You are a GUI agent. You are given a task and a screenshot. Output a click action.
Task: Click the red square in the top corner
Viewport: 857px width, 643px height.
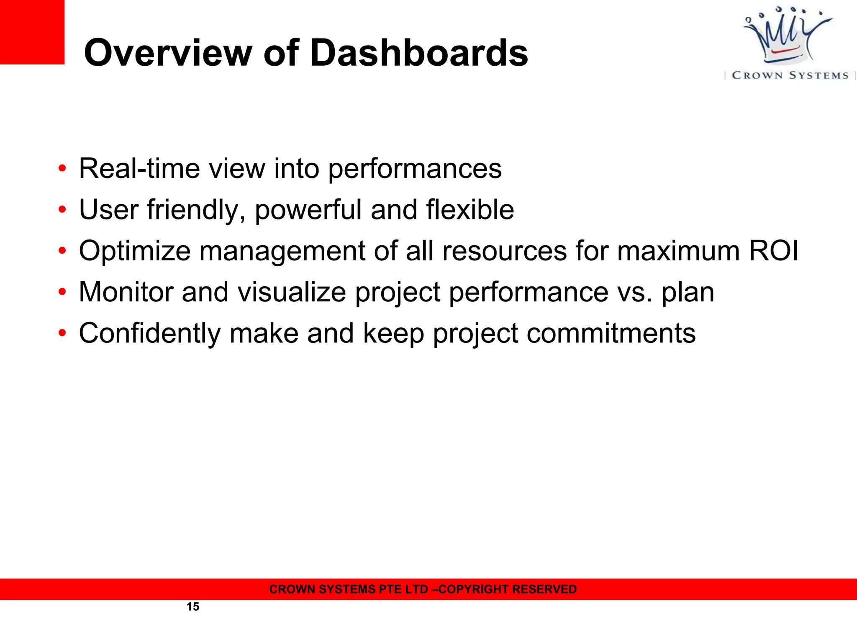(32, 32)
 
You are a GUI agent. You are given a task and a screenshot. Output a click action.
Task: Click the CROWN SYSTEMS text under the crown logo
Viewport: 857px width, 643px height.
(790, 75)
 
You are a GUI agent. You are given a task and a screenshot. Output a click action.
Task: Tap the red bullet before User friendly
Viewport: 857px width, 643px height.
(62, 209)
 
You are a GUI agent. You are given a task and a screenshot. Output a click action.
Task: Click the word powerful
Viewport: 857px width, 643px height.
(308, 210)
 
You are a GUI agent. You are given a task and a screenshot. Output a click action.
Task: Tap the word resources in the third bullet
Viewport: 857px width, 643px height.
(504, 251)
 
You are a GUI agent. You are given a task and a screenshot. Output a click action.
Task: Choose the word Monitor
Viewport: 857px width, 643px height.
(126, 292)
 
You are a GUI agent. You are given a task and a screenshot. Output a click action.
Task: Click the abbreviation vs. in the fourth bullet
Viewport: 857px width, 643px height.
(635, 292)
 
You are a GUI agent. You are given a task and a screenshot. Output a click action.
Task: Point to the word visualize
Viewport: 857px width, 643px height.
(292, 292)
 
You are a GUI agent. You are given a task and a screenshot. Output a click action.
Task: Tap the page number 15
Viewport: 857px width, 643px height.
(192, 607)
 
